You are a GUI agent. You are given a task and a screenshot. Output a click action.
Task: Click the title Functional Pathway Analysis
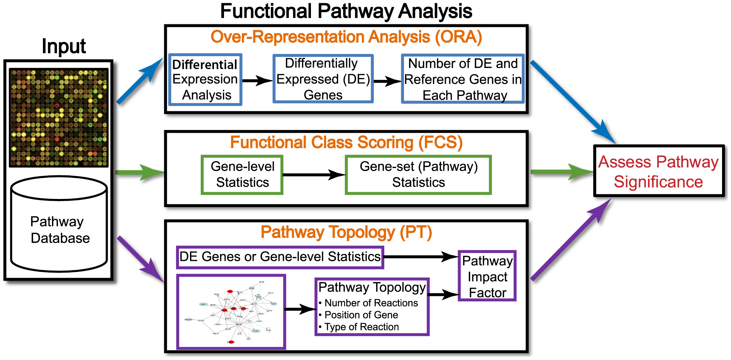pos(346,11)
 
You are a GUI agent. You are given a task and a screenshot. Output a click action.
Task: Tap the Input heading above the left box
pos(64,47)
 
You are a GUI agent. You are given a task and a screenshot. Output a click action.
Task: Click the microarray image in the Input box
pos(59,118)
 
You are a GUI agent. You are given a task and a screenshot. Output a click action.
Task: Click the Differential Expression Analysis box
pos(205,80)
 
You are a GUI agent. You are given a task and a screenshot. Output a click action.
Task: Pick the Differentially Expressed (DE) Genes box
pos(323,79)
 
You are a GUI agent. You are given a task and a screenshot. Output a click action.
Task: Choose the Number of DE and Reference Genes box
pos(463,79)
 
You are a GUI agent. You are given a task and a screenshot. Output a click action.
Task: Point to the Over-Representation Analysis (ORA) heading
pos(346,37)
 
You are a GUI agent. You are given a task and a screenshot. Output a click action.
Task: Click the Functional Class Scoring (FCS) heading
pos(346,142)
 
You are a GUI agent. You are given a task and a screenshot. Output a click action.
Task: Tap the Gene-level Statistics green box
pos(242,175)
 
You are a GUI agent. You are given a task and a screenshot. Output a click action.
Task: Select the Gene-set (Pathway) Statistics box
pos(418,175)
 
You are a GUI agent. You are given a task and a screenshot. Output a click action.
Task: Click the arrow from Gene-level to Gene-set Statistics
pos(314,175)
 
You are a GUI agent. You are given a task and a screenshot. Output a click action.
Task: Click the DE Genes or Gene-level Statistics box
pos(280,257)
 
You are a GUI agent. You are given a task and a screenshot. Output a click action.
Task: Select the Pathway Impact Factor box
pos(487,276)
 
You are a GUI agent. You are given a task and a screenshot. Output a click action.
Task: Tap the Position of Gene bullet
pos(361,315)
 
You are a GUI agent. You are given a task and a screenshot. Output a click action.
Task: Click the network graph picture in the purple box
pos(232,312)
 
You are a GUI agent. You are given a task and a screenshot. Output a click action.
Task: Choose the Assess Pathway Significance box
pos(658,171)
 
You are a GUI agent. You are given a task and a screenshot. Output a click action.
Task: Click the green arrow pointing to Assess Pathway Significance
pos(562,172)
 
